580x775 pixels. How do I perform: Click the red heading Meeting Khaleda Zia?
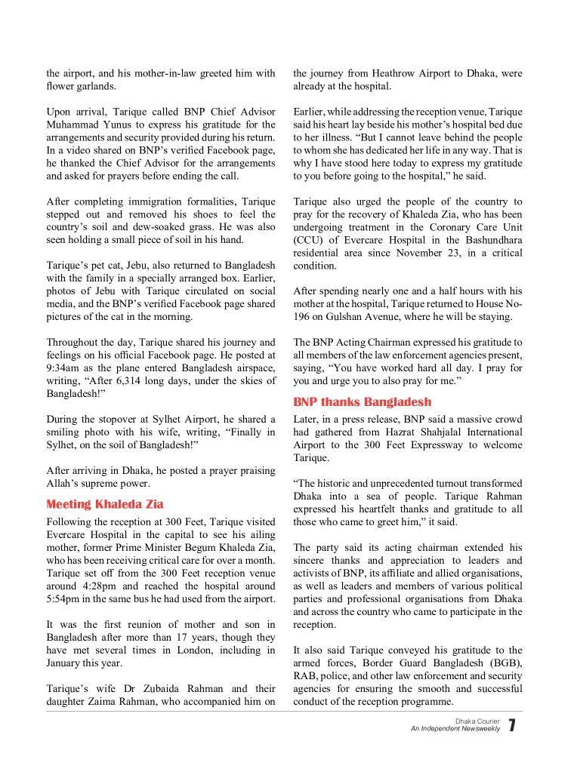click(105, 504)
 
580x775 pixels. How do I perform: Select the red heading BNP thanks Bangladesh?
click(362, 401)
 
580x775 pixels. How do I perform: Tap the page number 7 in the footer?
click(512, 726)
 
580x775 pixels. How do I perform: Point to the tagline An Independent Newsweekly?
click(455, 729)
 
